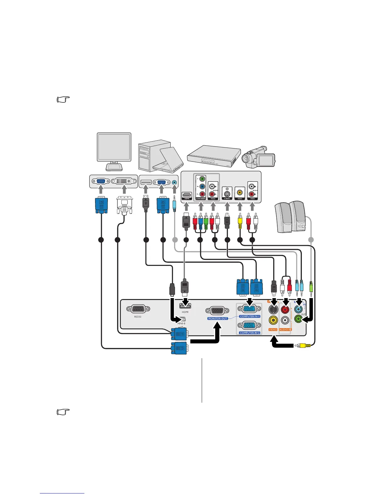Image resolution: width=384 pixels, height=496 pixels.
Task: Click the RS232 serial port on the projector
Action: pyautogui.click(x=138, y=309)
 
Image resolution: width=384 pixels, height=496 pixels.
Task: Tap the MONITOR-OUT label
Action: pyautogui.click(x=217, y=318)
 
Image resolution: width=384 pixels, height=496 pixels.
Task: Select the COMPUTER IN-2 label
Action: pyautogui.click(x=250, y=333)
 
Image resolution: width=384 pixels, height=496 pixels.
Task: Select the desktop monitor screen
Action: pyautogui.click(x=114, y=147)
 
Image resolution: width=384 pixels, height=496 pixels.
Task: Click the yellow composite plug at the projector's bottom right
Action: pyautogui.click(x=303, y=346)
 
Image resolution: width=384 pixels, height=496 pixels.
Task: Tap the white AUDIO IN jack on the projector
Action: pyautogui.click(x=285, y=320)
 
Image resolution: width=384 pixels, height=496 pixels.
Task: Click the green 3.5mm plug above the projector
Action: pyautogui.click(x=311, y=287)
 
